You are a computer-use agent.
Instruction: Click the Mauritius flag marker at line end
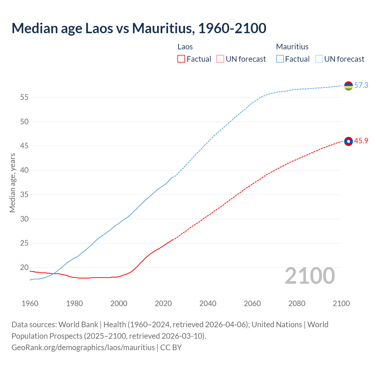click(x=348, y=86)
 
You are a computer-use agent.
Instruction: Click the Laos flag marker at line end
click(x=348, y=141)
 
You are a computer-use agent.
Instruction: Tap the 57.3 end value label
click(x=361, y=85)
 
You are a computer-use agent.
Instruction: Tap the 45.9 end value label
click(x=361, y=141)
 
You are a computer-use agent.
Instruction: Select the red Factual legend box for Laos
click(x=181, y=59)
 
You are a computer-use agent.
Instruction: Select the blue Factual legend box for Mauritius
click(x=280, y=59)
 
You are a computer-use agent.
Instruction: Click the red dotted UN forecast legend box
click(x=220, y=59)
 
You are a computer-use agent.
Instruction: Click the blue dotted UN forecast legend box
click(x=319, y=59)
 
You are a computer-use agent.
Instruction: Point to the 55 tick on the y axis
click(x=24, y=97)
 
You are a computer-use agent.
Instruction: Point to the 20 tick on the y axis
click(x=24, y=268)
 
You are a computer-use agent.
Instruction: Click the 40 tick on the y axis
click(x=24, y=170)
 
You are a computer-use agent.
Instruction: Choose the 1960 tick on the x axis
click(x=30, y=303)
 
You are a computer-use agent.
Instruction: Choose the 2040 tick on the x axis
click(x=208, y=303)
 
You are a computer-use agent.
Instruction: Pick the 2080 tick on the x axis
click(x=297, y=303)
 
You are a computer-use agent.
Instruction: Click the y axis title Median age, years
click(x=12, y=183)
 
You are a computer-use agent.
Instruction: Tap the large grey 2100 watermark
click(x=310, y=276)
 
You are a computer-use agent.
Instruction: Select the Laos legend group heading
click(x=185, y=47)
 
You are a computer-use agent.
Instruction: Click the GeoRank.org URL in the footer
click(x=83, y=348)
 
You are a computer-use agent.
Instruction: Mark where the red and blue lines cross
click(x=54, y=273)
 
